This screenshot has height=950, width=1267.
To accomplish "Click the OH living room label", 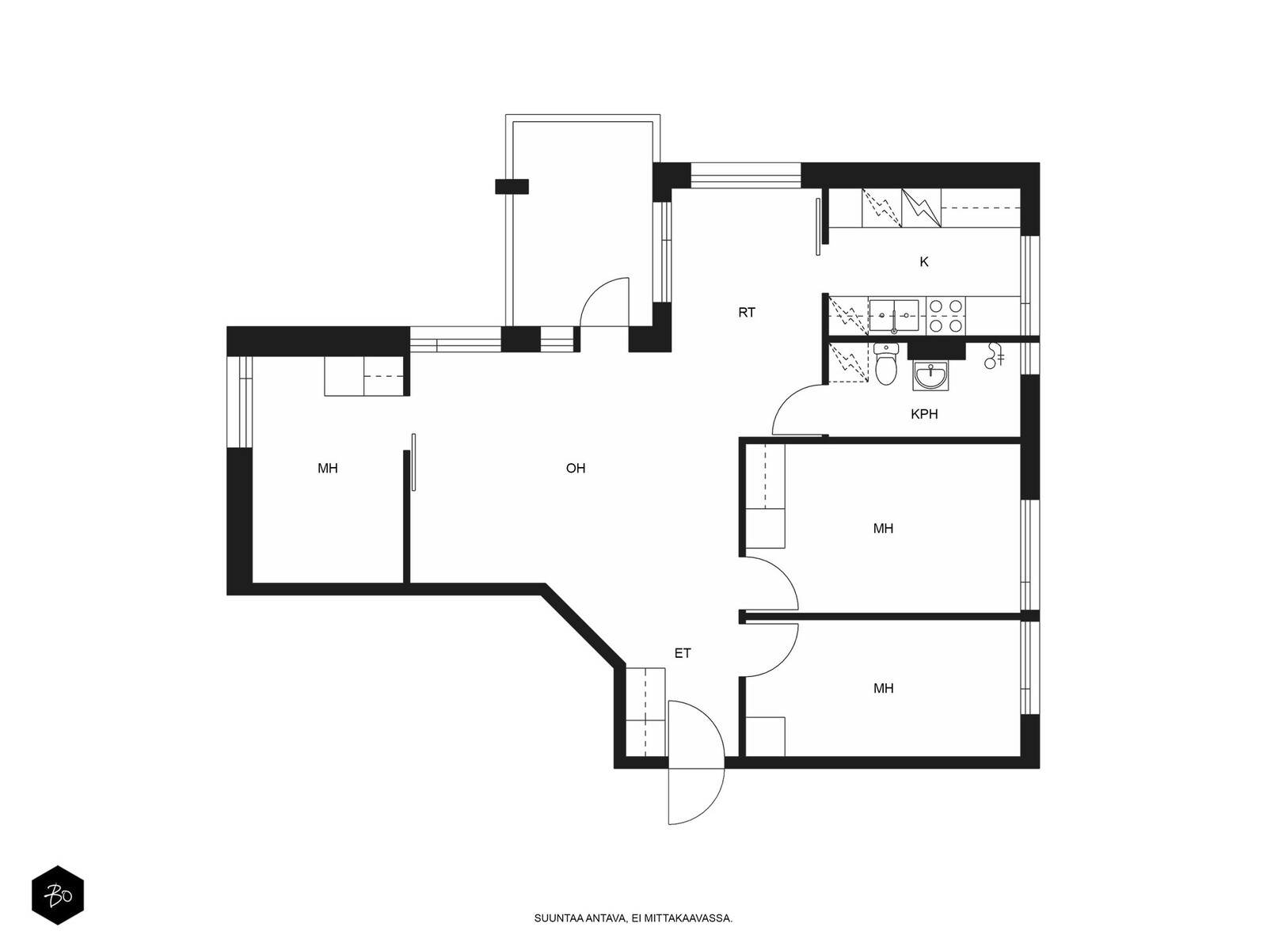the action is pos(576,469).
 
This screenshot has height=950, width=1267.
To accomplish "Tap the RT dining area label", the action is pos(747,313).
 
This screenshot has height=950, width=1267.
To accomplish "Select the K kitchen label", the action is pos(923,262).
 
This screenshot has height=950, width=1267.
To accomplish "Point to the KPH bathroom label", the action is pos(924,414).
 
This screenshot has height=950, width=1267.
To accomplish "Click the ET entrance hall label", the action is pos(683,654).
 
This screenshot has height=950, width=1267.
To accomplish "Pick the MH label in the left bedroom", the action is pos(327,469).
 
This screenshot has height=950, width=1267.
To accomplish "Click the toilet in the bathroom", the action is pos(885,363).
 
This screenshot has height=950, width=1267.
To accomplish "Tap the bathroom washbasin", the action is pos(930,376).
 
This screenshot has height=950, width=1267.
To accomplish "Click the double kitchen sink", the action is pos(893,316).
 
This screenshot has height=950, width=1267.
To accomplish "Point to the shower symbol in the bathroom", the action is pos(993,355).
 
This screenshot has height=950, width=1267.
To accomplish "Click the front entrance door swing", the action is pos(694,762).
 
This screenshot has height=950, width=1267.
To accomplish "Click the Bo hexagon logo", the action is pos(58,895).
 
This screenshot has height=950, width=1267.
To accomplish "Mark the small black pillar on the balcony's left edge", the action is pos(512,186).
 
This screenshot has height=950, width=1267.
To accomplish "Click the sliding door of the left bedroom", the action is pos(413,462).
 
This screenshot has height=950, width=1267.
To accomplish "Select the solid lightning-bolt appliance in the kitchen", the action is pos(921,207).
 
